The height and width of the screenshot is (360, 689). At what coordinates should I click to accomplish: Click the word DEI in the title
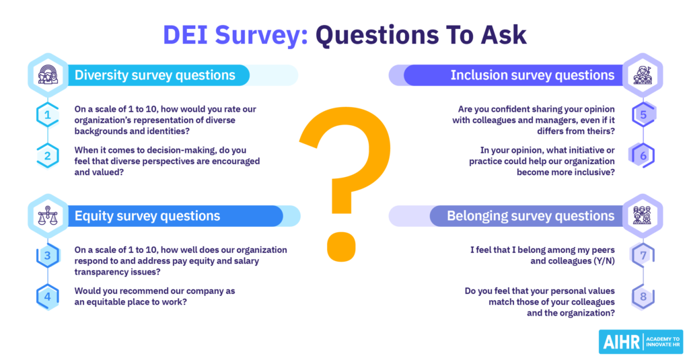(x=185, y=34)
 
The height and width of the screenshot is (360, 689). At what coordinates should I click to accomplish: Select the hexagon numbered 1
(x=48, y=114)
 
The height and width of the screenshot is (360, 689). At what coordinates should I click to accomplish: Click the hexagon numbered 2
(x=48, y=155)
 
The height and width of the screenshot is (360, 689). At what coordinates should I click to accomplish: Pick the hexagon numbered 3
(x=48, y=256)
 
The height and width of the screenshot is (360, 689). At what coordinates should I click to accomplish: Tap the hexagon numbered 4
(x=48, y=297)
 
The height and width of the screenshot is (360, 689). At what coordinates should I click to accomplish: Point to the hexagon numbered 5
(x=643, y=114)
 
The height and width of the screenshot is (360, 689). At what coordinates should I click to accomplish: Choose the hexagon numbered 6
(x=643, y=155)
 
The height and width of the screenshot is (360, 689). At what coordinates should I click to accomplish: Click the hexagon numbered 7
(x=643, y=256)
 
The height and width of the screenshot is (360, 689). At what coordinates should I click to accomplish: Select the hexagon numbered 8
(x=643, y=297)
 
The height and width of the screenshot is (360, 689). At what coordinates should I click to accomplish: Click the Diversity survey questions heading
(x=155, y=75)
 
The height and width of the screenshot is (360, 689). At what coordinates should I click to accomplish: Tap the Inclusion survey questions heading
(x=532, y=75)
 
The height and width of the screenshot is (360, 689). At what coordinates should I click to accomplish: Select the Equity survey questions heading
(x=147, y=216)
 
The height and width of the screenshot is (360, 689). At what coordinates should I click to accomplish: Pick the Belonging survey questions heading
(x=530, y=216)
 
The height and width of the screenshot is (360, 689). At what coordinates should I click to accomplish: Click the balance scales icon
(x=48, y=216)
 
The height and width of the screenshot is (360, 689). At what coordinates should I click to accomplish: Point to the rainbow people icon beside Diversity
(x=48, y=75)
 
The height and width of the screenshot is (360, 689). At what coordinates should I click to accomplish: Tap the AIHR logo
(x=641, y=342)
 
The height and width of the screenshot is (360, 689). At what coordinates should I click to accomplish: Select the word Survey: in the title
(x=262, y=35)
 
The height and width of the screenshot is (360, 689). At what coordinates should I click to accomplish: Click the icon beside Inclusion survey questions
(x=643, y=75)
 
